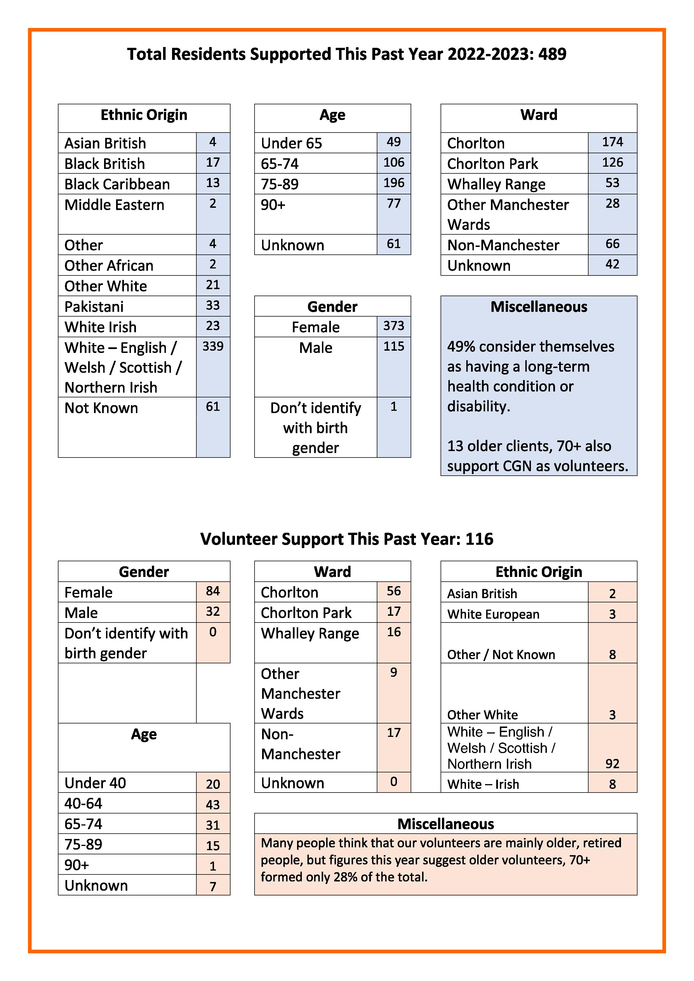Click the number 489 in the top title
pos(552,54)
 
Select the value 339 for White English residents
pos(213,346)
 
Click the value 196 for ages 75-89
pos(394,183)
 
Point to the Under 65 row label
pos(291,143)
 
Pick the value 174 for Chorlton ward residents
pos(612,142)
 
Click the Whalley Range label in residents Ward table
pos(496,184)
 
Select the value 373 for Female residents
pos(394,326)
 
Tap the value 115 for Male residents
pos(394,346)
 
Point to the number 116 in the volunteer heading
pos(479,539)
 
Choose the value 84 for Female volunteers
pos(213,591)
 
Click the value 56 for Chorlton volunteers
pos(394,591)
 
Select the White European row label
pos(493,614)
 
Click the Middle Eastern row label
pos(114,205)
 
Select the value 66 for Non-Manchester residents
pos(612,244)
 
